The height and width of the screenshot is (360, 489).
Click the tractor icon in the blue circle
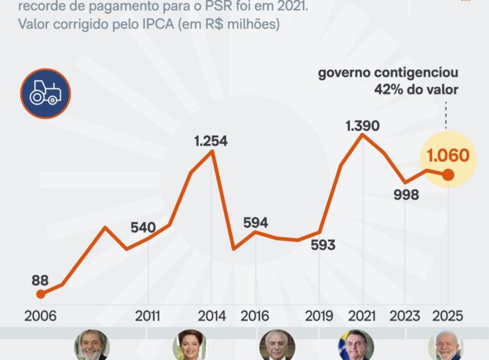[46, 94]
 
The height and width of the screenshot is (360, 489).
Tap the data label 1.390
[362, 125]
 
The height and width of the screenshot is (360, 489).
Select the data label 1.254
[211, 141]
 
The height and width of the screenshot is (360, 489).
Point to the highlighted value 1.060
[448, 156]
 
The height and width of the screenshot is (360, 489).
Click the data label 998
[405, 194]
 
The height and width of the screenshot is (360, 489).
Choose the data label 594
[255, 222]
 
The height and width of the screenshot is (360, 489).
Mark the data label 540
[143, 227]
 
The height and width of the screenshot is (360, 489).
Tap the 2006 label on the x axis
[40, 316]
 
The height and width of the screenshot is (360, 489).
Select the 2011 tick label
[148, 316]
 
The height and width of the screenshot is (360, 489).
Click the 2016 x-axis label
[255, 316]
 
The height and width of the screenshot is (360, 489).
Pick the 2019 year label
[319, 316]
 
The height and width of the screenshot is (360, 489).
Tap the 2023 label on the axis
[405, 316]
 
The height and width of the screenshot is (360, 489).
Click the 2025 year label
[448, 316]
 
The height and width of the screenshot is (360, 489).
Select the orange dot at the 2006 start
[41, 293]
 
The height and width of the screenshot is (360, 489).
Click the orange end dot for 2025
[448, 175]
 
